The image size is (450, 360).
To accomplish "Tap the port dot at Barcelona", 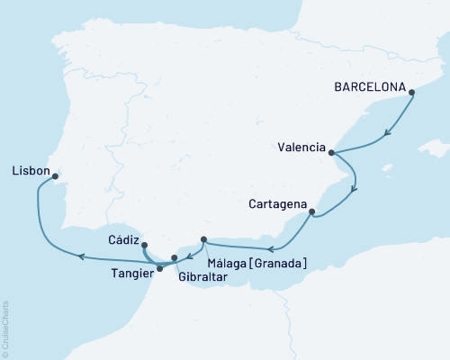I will (411, 91).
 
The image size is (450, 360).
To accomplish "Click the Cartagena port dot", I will (311, 213).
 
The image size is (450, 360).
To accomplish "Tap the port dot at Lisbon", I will (55, 176).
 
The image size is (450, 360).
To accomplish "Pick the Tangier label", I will (131, 271).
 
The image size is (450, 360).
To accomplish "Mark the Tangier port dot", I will (159, 268).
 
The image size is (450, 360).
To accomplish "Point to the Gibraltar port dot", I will (175, 258).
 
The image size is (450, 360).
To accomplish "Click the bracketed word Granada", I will (282, 263).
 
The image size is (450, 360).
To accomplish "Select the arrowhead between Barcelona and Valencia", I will (387, 133).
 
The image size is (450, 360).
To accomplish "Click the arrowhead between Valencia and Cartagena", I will (354, 189).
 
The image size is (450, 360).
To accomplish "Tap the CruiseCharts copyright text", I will (5, 329).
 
